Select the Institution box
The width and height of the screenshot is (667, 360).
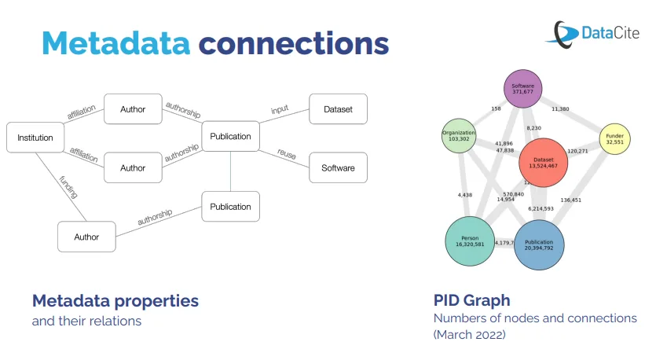pos(35,138)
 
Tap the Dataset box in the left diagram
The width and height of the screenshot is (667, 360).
pos(338,110)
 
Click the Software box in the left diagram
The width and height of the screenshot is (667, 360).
pos(338,167)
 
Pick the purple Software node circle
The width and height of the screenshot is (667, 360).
pos(522,89)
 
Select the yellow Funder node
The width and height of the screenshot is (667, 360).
pos(614,139)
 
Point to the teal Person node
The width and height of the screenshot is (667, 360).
pos(470,241)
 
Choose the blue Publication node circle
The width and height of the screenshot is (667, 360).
pos(539,244)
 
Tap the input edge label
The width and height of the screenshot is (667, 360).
pos(279,109)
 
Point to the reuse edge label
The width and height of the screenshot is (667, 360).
pos(287,154)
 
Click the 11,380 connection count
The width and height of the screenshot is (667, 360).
pos(561,109)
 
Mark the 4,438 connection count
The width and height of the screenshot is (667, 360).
pos(465,194)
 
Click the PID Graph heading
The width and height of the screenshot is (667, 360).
pos(471,300)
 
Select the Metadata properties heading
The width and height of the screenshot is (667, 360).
pos(115,300)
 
